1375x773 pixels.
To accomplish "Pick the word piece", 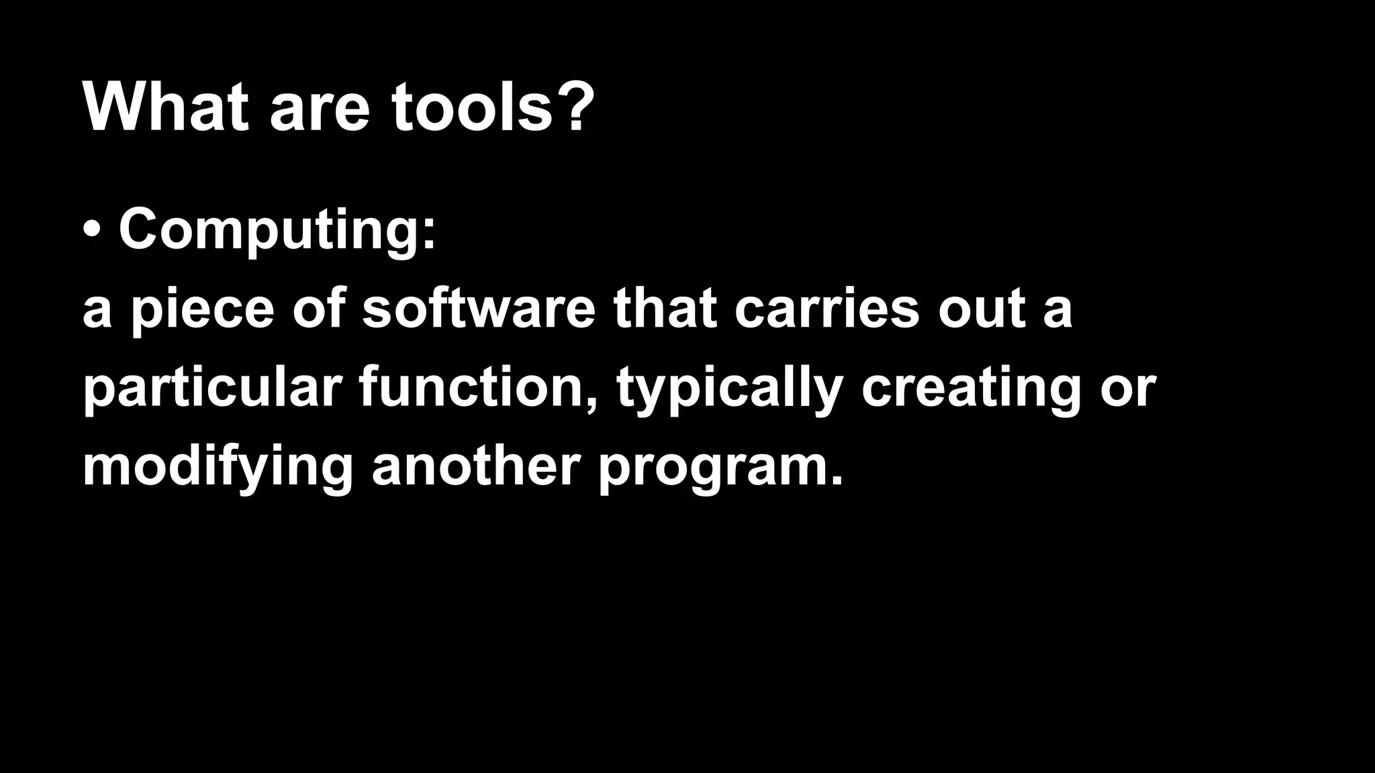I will click(x=202, y=310).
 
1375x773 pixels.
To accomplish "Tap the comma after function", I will click(x=591, y=403).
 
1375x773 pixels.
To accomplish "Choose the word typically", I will click(x=729, y=389).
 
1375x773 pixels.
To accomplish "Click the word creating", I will click(x=971, y=389).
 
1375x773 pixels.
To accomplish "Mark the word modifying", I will click(x=218, y=467).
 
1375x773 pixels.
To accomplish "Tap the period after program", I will click(x=835, y=480).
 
